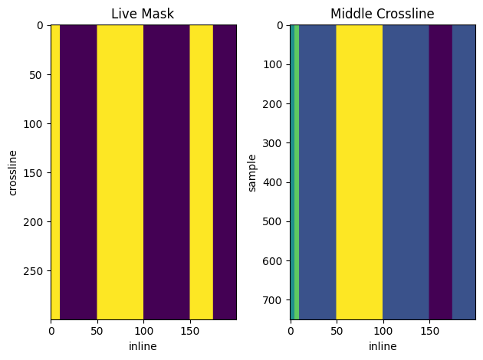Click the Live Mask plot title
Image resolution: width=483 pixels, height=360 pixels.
point(143,14)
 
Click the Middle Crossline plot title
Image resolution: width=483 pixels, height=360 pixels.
point(382,14)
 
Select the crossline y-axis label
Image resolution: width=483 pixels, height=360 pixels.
point(12,172)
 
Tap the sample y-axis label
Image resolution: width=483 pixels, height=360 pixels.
point(252,172)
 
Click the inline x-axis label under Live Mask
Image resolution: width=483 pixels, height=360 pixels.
point(143,346)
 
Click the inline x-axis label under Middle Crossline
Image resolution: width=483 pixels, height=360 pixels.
point(383,346)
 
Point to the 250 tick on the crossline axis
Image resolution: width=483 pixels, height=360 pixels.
point(36,271)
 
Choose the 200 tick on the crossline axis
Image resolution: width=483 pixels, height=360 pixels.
point(36,222)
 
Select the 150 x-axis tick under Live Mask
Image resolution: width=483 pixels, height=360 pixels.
point(190,332)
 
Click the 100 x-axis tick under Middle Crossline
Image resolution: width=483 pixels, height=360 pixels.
point(383,332)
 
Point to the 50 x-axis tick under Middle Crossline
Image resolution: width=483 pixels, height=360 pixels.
point(337,332)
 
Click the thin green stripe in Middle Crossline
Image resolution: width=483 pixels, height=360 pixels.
point(296,172)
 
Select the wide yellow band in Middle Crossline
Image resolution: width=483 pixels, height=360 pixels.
point(360,172)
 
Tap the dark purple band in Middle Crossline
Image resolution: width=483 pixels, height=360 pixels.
point(441,172)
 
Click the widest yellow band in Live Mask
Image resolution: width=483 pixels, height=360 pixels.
point(120,172)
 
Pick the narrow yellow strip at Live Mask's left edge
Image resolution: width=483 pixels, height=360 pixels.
point(55,172)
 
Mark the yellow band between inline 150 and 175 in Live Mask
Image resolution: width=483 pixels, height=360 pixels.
point(202,172)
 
